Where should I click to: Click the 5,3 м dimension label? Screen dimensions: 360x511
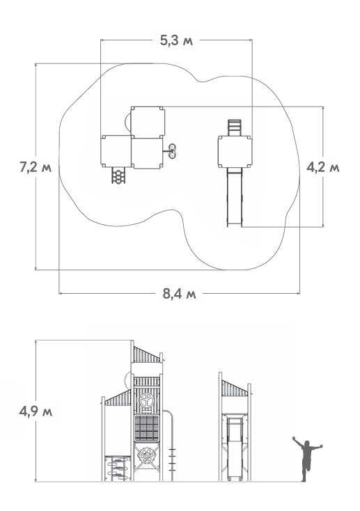(x=176, y=40)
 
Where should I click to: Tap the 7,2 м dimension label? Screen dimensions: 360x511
(x=36, y=167)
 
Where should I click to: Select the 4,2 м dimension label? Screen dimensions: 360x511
(x=323, y=167)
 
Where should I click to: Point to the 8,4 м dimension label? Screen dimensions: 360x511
(x=180, y=294)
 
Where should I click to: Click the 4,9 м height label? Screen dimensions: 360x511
(x=36, y=411)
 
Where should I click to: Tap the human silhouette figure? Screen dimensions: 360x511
(x=306, y=459)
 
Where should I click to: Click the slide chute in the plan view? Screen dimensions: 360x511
(x=235, y=197)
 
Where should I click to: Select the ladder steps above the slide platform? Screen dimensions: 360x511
(x=235, y=127)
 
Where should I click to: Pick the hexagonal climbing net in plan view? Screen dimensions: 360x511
(x=118, y=175)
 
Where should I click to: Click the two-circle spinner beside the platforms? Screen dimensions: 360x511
(x=172, y=151)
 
